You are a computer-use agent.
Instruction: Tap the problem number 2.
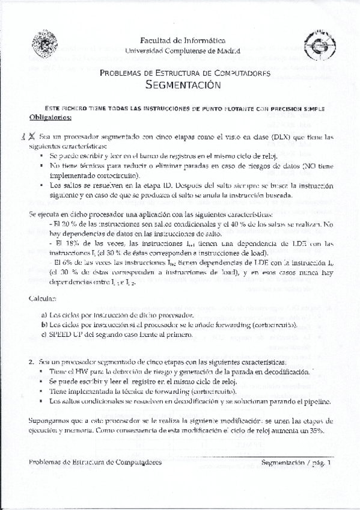31,363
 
